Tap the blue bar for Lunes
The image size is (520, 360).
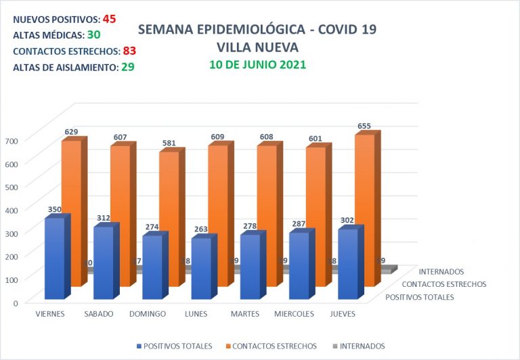[201, 269]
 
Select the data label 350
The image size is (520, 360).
[55, 210]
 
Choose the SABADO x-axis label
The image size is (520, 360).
[98, 314]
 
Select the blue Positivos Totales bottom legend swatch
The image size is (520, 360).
[139, 346]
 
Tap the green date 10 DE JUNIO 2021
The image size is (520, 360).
[257, 65]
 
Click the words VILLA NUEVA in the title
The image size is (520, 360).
[257, 47]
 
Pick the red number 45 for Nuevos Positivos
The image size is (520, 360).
[110, 18]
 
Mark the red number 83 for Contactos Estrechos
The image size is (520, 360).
[131, 51]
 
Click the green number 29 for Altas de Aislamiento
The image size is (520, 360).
[127, 67]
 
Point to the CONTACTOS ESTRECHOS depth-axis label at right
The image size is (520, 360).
[443, 284]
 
